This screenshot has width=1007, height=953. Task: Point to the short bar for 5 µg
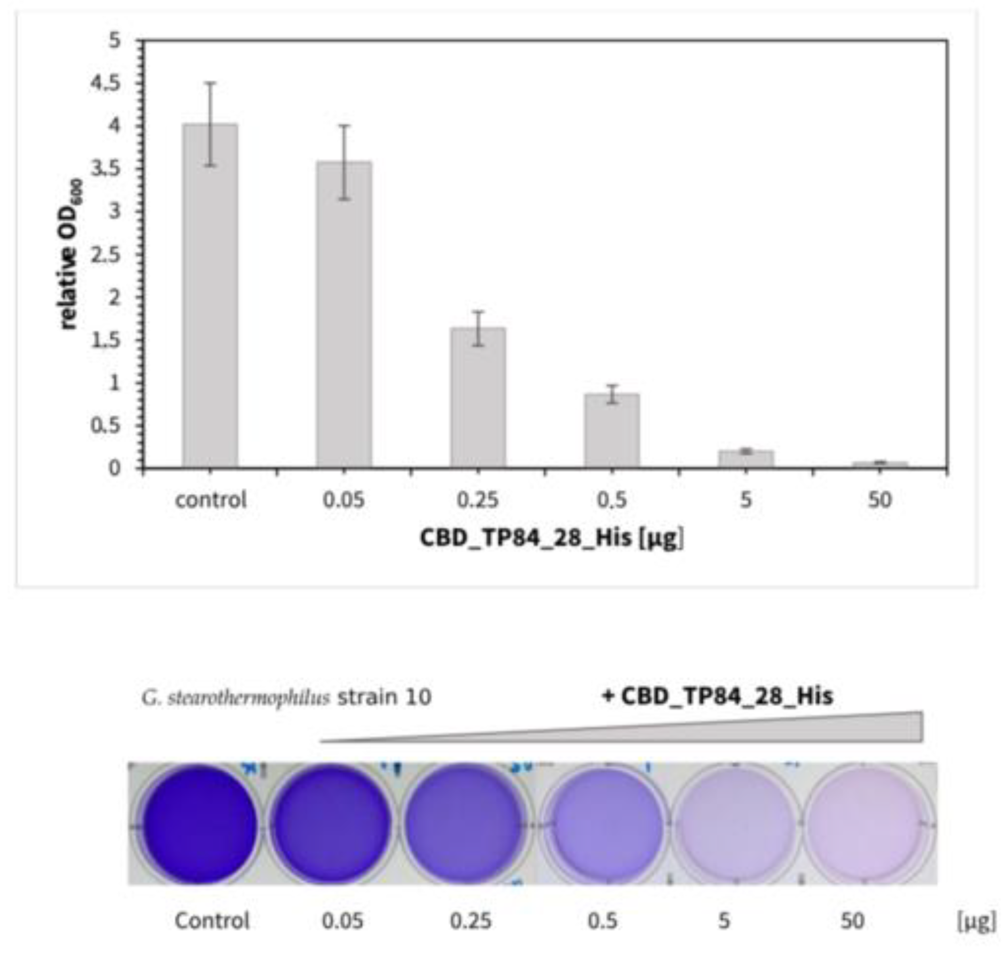coord(745,458)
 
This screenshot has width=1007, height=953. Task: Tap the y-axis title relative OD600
coord(69,254)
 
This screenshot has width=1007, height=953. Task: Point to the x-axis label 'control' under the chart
coord(210,500)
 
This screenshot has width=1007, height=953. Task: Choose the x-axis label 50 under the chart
coord(879,500)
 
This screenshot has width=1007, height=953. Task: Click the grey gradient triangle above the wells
coord(762,732)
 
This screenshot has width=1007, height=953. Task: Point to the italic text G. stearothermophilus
coord(236,697)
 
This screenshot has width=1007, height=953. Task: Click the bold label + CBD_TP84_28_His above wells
coord(717,695)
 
